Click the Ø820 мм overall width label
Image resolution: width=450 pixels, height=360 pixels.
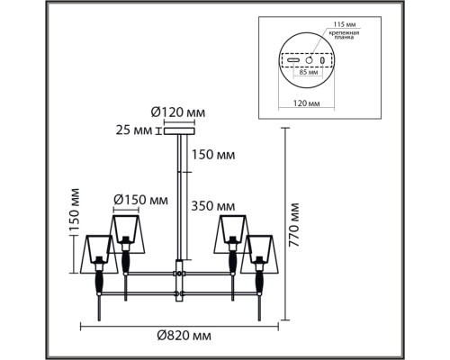click(178, 336)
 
